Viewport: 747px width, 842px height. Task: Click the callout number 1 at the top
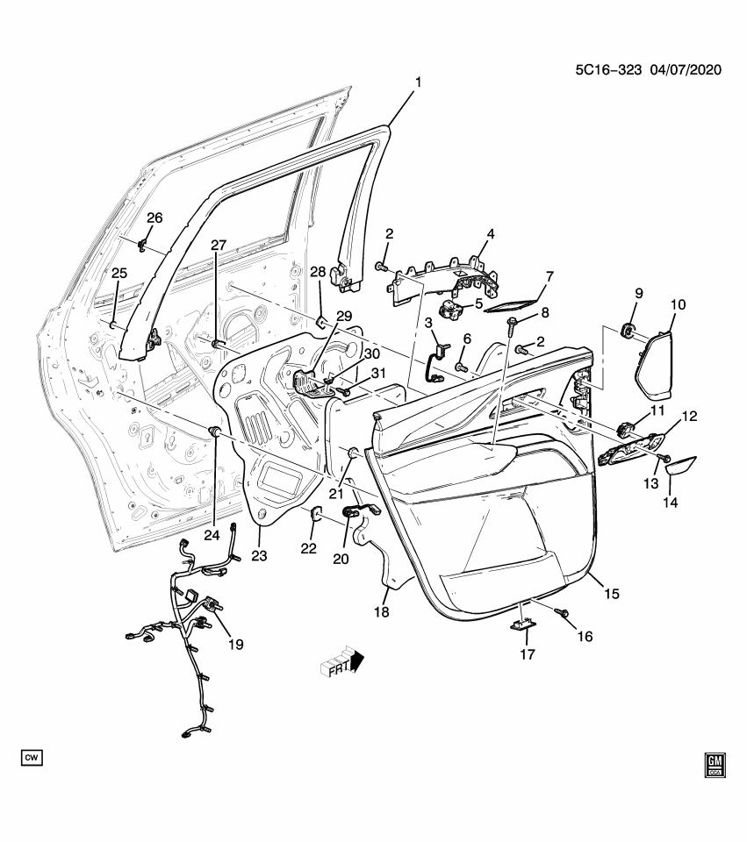pos(418,82)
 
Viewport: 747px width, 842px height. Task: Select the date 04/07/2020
pos(686,70)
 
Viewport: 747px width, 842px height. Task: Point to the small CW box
pos(32,756)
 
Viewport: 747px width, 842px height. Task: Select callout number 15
pos(611,594)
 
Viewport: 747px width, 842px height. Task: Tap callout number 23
pos(260,555)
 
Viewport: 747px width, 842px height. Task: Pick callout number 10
pos(678,305)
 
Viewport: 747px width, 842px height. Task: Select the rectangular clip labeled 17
pos(524,624)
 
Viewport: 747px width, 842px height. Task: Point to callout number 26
pos(154,218)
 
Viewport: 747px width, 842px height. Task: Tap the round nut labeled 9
pos(628,330)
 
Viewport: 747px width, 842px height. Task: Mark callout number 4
pos(491,234)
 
